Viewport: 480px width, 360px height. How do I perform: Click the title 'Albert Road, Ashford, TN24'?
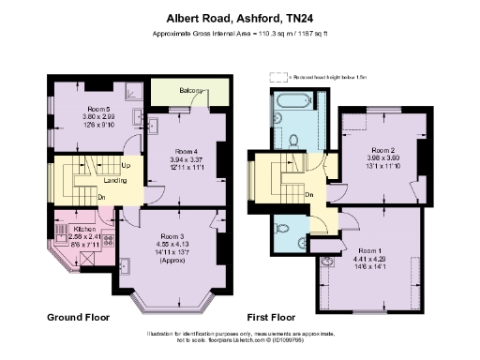click(239, 17)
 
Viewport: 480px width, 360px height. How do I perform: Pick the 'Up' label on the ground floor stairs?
click(126, 164)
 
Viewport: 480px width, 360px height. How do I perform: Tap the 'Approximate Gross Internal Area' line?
click(239, 34)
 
